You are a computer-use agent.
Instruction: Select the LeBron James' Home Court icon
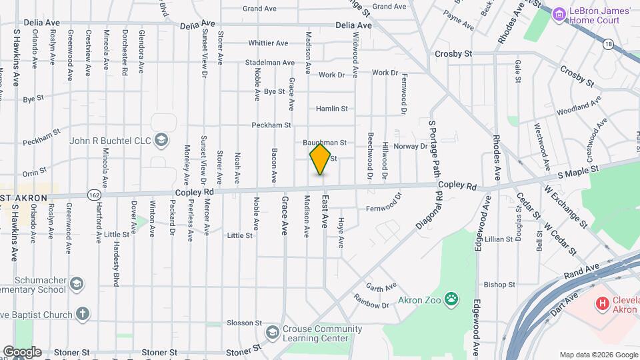pos(559,13)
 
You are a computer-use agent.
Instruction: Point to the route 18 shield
pos(608,44)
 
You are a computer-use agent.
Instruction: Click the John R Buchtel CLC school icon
pos(161,140)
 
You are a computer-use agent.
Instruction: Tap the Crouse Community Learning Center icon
pos(272,332)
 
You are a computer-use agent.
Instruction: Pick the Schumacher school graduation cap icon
pos(77,285)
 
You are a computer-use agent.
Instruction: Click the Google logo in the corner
pos(21,351)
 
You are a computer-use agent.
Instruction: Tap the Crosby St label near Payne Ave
pos(453,53)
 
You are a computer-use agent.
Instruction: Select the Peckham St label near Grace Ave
pos(271,125)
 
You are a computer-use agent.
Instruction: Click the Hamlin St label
pos(332,108)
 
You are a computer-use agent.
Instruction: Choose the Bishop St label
pos(500,285)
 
